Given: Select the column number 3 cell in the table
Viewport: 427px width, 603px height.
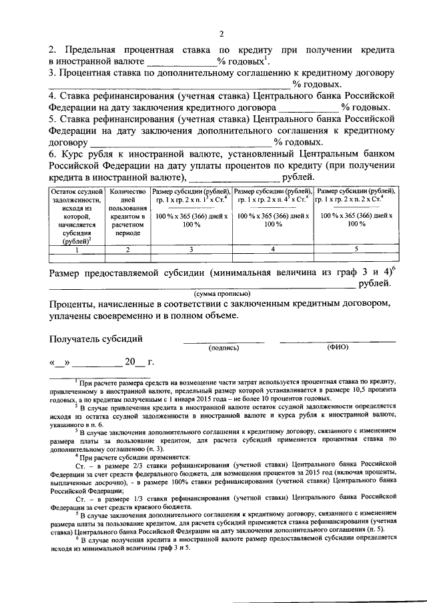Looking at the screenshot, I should tap(191, 249).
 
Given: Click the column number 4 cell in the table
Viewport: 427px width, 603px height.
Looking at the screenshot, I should tap(273, 249).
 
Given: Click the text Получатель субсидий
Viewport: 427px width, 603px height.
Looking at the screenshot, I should tap(95, 338).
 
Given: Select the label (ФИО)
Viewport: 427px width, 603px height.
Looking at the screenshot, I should tap(337, 348).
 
